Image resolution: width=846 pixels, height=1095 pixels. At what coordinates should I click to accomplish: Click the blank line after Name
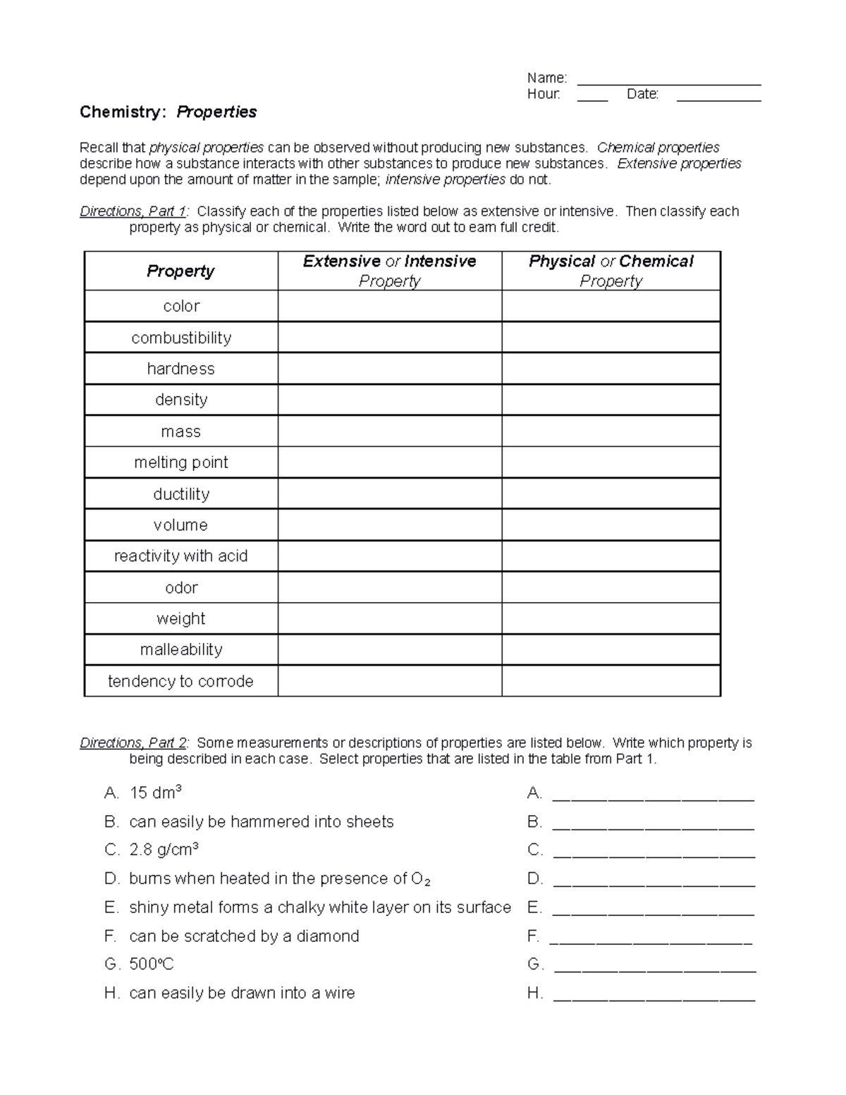coord(668,79)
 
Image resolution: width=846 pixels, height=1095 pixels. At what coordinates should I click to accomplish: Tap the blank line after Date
coord(718,96)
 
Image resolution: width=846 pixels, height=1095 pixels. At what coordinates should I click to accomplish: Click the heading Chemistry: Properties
coord(168,112)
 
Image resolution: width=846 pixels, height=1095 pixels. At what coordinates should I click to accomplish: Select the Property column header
coord(180,271)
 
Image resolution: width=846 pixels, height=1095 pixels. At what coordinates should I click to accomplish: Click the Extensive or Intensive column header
coord(389,271)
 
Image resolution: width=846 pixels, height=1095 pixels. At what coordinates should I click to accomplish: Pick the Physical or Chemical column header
coord(611,271)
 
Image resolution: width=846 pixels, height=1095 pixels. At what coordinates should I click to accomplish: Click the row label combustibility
coord(181,338)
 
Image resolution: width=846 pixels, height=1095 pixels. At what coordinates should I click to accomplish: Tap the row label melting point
coord(181,463)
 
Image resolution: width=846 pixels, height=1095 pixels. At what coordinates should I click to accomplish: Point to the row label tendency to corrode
coord(180,681)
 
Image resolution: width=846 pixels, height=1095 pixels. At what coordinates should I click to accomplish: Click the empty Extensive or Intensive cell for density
coord(389,400)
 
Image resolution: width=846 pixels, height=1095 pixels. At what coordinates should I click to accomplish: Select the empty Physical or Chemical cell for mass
coord(611,432)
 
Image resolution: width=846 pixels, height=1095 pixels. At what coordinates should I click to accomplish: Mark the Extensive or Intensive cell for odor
coord(389,587)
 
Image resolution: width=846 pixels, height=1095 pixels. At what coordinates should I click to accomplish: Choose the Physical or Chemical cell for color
coord(611,306)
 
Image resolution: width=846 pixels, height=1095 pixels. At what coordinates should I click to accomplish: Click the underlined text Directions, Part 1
coord(134,212)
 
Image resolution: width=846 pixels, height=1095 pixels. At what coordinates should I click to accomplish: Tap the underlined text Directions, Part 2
coord(134,743)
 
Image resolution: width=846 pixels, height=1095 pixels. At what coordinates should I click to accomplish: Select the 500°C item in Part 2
coord(151,965)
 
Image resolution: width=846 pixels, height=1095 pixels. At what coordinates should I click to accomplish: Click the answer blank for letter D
coord(654,879)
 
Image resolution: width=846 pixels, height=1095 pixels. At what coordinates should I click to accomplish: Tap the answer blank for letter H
coord(654,994)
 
